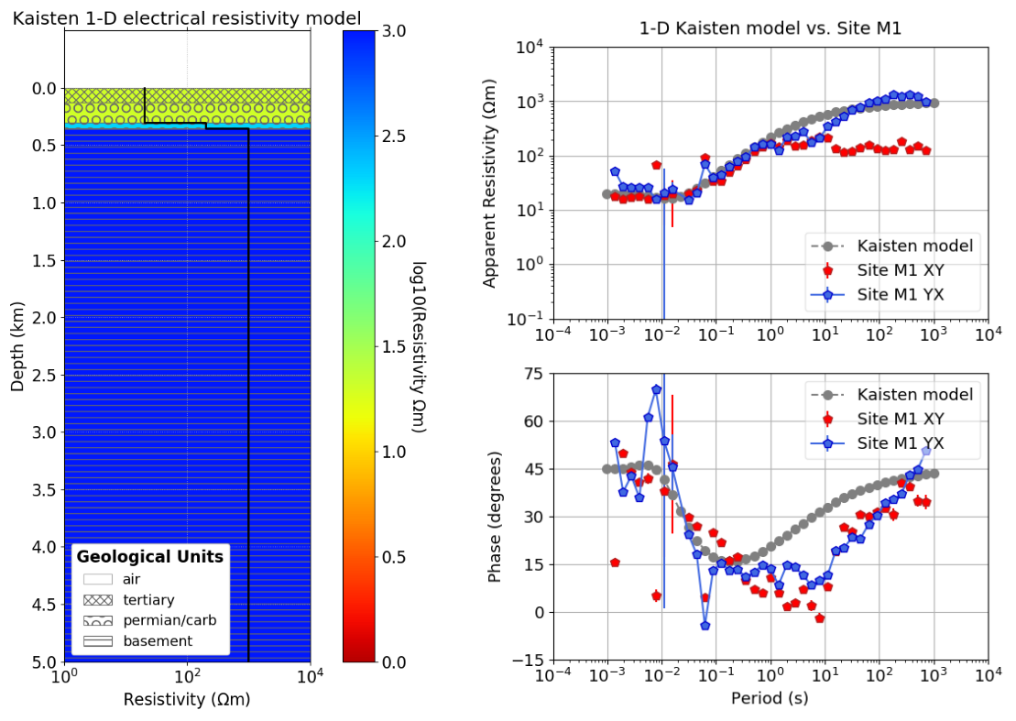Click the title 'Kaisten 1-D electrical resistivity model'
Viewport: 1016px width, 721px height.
click(x=186, y=17)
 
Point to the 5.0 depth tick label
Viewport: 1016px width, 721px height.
click(x=42, y=661)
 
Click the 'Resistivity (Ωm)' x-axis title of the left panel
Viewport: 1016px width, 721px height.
click(x=186, y=700)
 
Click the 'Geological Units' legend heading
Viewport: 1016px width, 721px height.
click(x=149, y=556)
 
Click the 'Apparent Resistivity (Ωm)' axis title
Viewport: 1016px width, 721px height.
click(x=491, y=182)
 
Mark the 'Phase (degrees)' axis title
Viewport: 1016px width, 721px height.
click(x=495, y=517)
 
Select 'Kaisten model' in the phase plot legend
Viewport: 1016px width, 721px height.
click(x=914, y=395)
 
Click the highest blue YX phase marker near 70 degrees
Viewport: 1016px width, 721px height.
click(x=656, y=389)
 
